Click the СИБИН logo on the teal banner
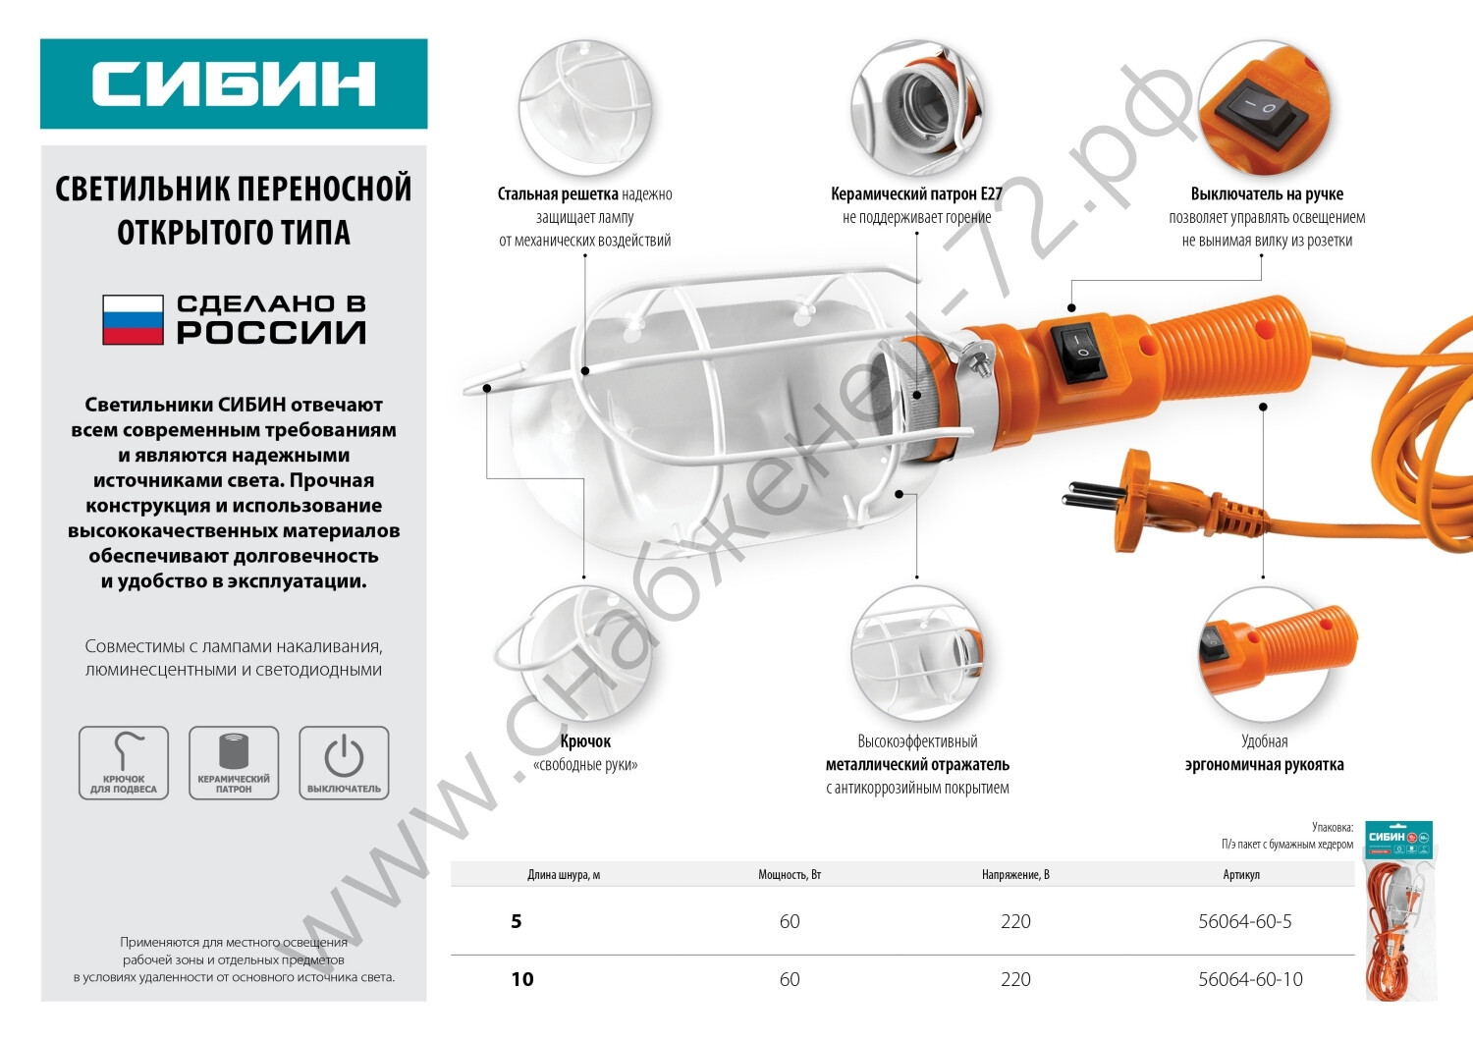point(233,83)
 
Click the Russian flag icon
point(133,319)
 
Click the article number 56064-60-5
point(1245,921)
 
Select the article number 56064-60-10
point(1250,979)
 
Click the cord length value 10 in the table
point(522,979)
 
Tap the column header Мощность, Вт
point(790,875)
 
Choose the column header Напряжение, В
point(1015,875)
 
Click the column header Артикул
point(1241,875)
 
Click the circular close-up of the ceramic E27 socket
point(916,107)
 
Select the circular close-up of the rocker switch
point(1263,107)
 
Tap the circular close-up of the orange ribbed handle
point(1263,654)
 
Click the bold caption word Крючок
point(585,741)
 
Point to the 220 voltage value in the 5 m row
point(1015,921)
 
